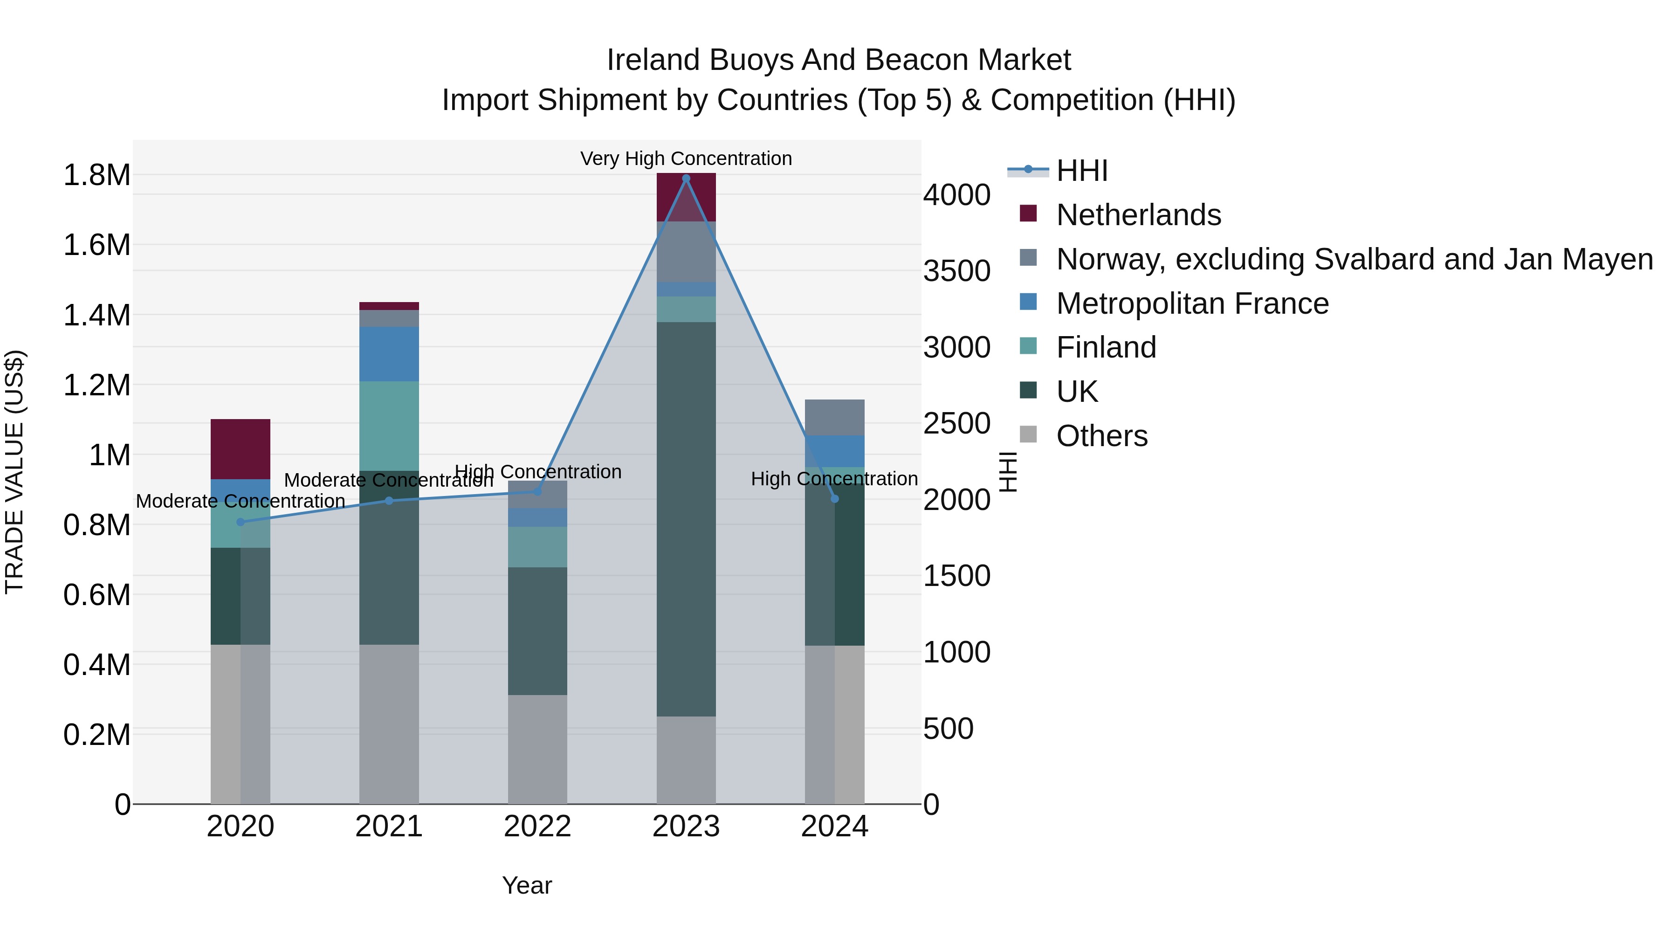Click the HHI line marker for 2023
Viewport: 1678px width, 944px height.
[686, 178]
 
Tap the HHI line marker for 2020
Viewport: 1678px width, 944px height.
[241, 522]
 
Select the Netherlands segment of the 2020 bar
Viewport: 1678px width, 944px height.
[241, 449]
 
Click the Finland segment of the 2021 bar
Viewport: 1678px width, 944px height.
[389, 426]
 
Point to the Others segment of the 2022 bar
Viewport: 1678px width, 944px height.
[537, 749]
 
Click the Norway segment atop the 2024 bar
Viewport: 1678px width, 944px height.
[834, 417]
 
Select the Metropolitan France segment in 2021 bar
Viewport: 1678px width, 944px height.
[389, 354]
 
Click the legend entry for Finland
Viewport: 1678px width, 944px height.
[1106, 347]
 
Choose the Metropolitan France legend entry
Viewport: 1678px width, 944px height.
[1191, 303]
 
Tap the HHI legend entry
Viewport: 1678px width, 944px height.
[1081, 171]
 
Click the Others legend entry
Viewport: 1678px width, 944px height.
[1101, 436]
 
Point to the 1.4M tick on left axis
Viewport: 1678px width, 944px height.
[96, 315]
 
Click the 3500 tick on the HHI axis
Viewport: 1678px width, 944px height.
[956, 271]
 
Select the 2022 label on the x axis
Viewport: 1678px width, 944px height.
[537, 827]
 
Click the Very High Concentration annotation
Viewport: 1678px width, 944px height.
[686, 158]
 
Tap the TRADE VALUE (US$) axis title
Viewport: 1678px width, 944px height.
[14, 472]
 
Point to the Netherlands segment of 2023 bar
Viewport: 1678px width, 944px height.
[686, 197]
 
